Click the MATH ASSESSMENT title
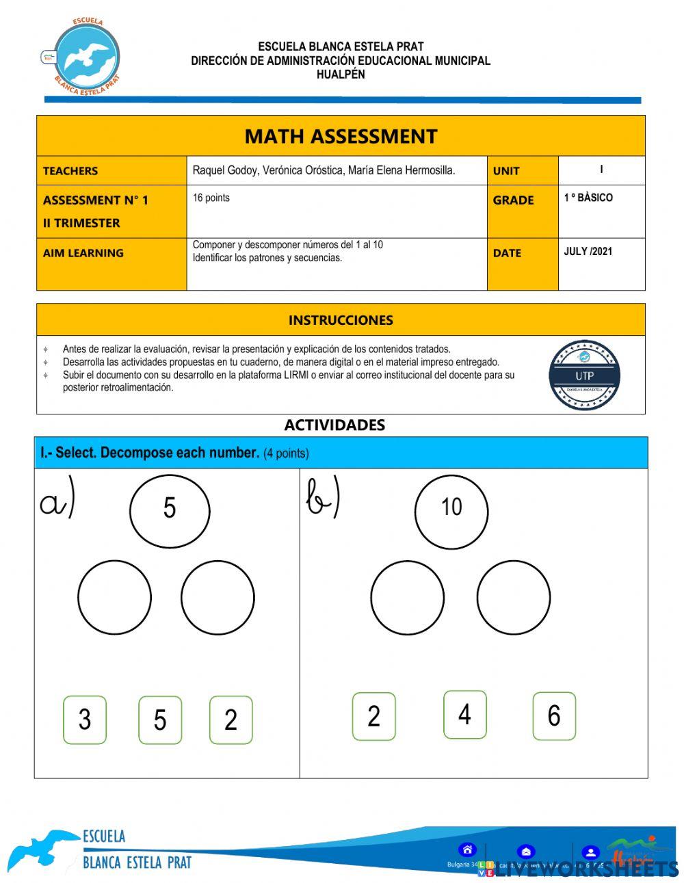pos(341,136)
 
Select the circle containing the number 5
pos(170,510)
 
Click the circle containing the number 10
pos(451,510)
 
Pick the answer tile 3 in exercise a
pos(85,720)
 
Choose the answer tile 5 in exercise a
pos(160,720)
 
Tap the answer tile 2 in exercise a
pos(231,720)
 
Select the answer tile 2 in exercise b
pos(373,716)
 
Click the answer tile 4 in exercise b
pos(465,715)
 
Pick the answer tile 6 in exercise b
pos(554,716)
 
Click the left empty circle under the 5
pos(114,597)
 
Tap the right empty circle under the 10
pos(513,597)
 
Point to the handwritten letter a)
pos(57,503)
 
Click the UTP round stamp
pos(584,375)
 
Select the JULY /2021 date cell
pos(588,252)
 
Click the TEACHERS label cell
pos(70,171)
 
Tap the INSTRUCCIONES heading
pos(341,320)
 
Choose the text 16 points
pos(211,198)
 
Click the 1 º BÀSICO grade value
pos(588,198)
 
